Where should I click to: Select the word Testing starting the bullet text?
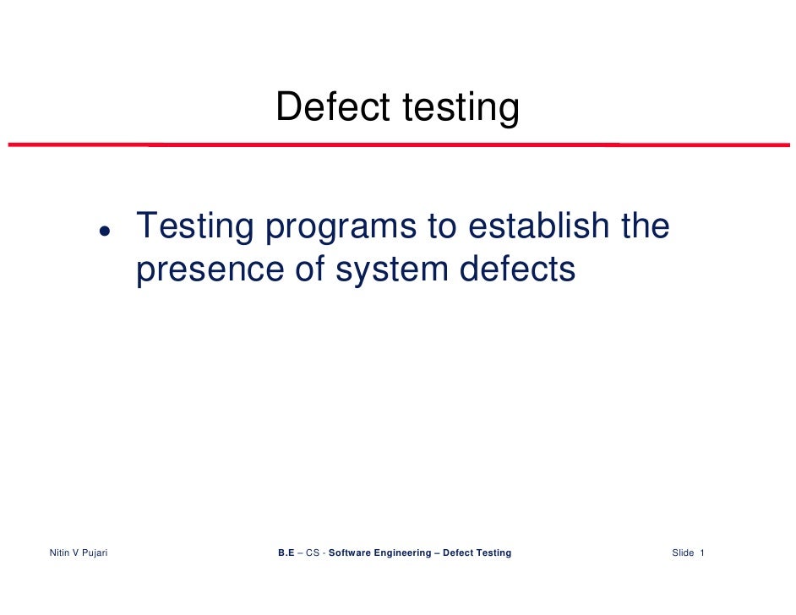tap(195, 227)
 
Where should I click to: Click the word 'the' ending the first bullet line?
tap(644, 226)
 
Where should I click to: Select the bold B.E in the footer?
tap(286, 553)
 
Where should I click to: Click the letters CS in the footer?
tap(313, 553)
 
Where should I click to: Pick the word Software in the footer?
tap(352, 553)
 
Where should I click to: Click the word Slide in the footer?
tap(683, 553)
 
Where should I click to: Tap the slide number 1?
tap(702, 553)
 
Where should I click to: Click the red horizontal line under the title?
tap(397, 144)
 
